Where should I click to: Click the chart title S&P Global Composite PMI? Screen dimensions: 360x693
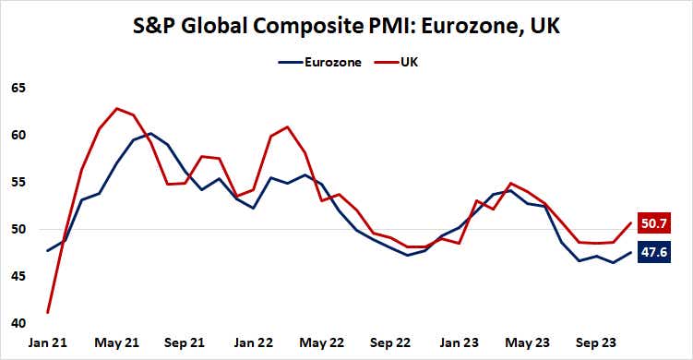click(347, 27)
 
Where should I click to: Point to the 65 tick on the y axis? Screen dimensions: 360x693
click(18, 88)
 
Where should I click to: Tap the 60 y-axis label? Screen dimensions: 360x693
click(18, 135)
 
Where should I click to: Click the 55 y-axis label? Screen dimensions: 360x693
click(18, 182)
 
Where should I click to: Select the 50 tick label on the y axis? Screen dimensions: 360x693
click(18, 229)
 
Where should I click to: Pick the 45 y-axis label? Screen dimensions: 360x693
click(18, 276)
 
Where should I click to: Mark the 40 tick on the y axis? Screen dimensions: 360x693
click(18, 323)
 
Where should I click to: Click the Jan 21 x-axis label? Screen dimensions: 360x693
click(47, 342)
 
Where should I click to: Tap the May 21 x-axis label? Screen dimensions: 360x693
click(116, 342)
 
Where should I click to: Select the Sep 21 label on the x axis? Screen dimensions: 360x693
click(185, 342)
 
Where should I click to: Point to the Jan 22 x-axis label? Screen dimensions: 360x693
click(254, 342)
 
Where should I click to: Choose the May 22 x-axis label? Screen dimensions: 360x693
click(323, 342)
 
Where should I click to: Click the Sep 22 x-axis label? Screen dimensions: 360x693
click(392, 342)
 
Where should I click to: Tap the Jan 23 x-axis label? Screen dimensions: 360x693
click(460, 342)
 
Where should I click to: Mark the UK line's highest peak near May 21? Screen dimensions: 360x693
click(116, 109)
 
